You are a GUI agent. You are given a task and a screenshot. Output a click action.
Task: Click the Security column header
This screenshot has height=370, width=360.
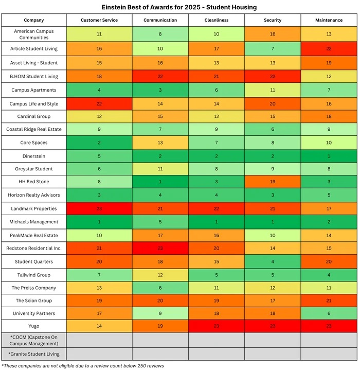(273, 20)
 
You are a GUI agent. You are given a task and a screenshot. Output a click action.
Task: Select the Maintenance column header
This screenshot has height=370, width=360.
(329, 20)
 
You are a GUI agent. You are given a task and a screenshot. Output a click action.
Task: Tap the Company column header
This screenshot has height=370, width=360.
(34, 20)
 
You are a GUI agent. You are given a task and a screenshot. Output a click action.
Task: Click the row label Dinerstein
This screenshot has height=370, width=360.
(34, 156)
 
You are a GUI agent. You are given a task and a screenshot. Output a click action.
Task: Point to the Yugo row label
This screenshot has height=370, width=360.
(34, 326)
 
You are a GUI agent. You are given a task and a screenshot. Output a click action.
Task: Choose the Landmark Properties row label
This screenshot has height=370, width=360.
(34, 208)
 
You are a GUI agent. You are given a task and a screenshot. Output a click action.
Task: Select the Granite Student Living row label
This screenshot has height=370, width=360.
(34, 354)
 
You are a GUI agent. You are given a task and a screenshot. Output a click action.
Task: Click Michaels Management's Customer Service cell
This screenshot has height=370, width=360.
(99, 222)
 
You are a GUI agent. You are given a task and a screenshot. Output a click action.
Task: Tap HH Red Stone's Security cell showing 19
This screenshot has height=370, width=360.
(273, 182)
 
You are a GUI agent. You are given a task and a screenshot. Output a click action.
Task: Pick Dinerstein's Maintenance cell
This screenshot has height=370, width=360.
(329, 156)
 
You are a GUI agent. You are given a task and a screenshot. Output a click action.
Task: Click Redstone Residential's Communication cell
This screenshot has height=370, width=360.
(160, 248)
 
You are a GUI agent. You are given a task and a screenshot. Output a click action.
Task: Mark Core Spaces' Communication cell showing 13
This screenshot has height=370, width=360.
(160, 143)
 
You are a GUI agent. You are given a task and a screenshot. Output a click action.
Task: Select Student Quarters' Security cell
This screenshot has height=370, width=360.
(273, 261)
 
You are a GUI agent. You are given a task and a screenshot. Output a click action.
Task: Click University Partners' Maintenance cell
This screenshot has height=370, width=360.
(329, 313)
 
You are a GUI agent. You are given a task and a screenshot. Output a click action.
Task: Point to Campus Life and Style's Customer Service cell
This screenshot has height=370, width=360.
(99, 103)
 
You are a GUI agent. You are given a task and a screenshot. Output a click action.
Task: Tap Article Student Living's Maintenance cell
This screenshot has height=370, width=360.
(329, 48)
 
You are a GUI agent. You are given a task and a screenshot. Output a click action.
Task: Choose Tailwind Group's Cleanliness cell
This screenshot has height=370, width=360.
(217, 274)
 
